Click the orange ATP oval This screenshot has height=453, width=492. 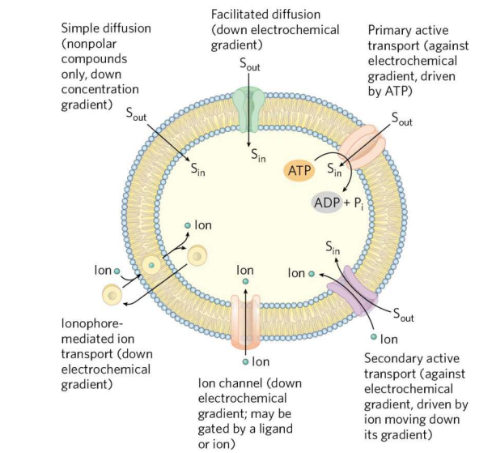(x=299, y=170)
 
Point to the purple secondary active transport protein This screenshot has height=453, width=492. (x=356, y=289)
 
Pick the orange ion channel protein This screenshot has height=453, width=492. (x=246, y=319)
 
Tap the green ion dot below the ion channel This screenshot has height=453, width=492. (x=247, y=361)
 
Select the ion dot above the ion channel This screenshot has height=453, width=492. (x=246, y=282)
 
